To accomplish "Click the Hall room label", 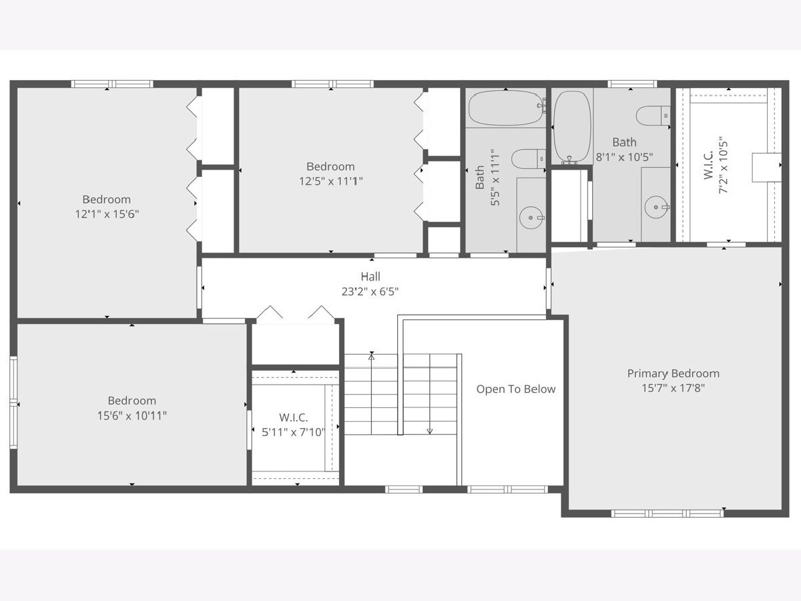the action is coord(370,276).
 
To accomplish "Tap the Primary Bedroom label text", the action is coord(674,374).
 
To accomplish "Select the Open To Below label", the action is coord(516,389).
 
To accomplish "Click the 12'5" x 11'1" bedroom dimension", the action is coord(331,181).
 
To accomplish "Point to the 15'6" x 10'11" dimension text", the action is coord(132,415).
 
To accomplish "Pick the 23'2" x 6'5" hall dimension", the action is coord(370,292).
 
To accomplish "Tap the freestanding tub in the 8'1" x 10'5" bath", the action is coord(572,127).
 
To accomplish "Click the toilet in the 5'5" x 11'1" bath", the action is coord(529,159).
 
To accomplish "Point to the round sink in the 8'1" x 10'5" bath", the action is coord(656,207).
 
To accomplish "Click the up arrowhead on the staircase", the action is coord(372,357).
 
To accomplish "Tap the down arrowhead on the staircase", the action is coord(430,431).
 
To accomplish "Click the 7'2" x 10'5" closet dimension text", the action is coord(723,165).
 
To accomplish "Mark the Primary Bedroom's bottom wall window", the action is coord(667,514).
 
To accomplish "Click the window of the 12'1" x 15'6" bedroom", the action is coord(112,84).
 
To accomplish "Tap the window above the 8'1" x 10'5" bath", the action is coord(632,84).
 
